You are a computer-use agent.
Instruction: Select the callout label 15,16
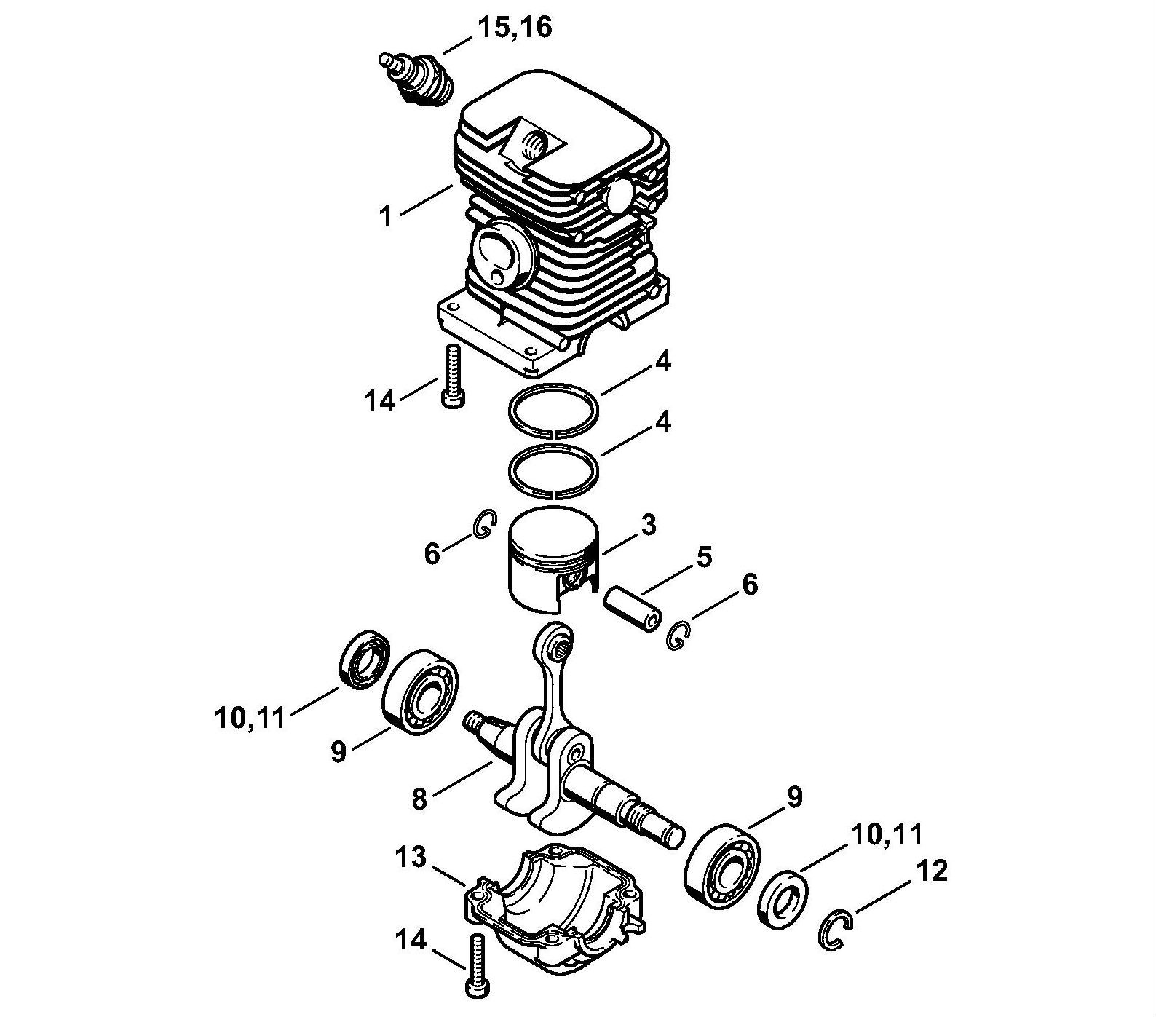pos(515,28)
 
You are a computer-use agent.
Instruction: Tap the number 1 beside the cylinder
pos(387,216)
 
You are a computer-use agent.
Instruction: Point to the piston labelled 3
pos(551,557)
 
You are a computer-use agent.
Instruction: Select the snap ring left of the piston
pos(484,525)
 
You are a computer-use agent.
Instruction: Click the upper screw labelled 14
pos(454,375)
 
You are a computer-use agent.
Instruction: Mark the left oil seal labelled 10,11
pos(365,661)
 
